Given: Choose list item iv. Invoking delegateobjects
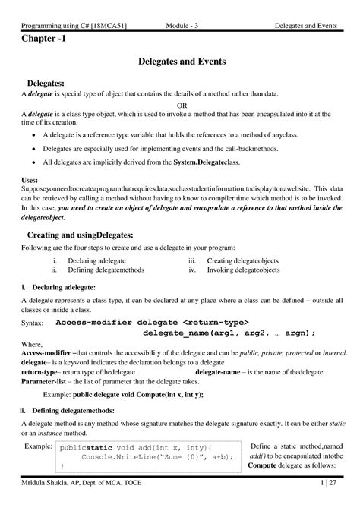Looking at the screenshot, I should coord(238,270).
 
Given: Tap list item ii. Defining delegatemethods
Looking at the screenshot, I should coord(97,270).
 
